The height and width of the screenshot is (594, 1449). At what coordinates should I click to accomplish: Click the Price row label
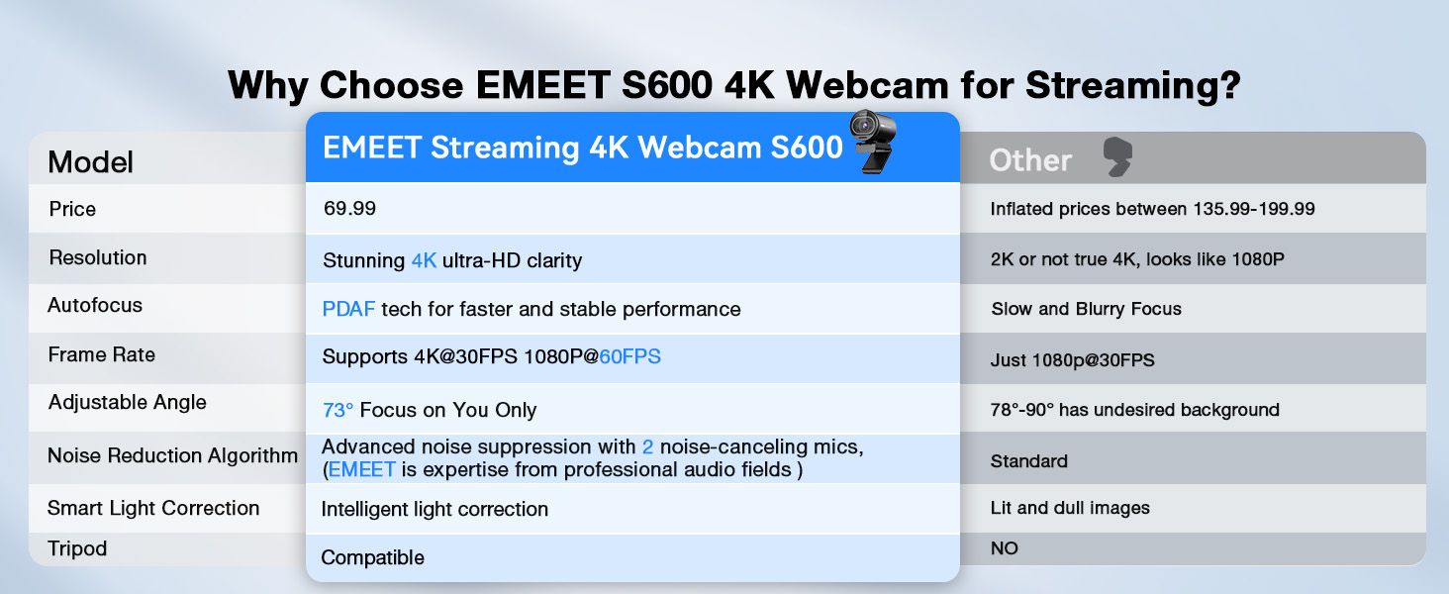tap(72, 209)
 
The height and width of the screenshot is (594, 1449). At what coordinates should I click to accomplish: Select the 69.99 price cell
tap(349, 209)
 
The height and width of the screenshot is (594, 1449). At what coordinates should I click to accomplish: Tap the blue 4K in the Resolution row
tap(424, 260)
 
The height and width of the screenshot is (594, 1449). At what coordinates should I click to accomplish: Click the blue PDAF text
tap(348, 309)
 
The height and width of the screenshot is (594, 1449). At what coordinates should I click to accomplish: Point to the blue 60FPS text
tap(629, 356)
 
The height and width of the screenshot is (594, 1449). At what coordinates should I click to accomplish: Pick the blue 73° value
tap(338, 410)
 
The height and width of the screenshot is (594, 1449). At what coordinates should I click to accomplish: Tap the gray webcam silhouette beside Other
tap(1117, 157)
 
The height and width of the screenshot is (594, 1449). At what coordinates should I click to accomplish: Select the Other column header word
tap(1030, 160)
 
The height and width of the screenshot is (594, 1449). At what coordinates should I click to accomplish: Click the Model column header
tap(91, 161)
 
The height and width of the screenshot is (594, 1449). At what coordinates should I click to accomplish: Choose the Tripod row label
tap(77, 548)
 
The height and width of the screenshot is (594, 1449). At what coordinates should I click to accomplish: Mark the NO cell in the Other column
tap(1004, 548)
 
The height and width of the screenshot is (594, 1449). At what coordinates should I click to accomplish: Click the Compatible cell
tap(373, 557)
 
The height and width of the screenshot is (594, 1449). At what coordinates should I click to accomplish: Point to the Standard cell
tap(1028, 461)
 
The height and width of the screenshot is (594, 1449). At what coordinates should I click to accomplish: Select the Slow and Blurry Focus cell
tap(1086, 309)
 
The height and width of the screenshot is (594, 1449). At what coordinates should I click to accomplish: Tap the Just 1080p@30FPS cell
tap(1072, 360)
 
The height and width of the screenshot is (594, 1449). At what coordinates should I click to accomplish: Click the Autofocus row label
tap(95, 305)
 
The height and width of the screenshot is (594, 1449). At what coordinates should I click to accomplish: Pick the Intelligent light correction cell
tap(435, 509)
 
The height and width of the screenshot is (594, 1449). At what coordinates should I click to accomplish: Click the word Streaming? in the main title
tap(1132, 85)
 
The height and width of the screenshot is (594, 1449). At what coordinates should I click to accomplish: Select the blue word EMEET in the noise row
tap(361, 469)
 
